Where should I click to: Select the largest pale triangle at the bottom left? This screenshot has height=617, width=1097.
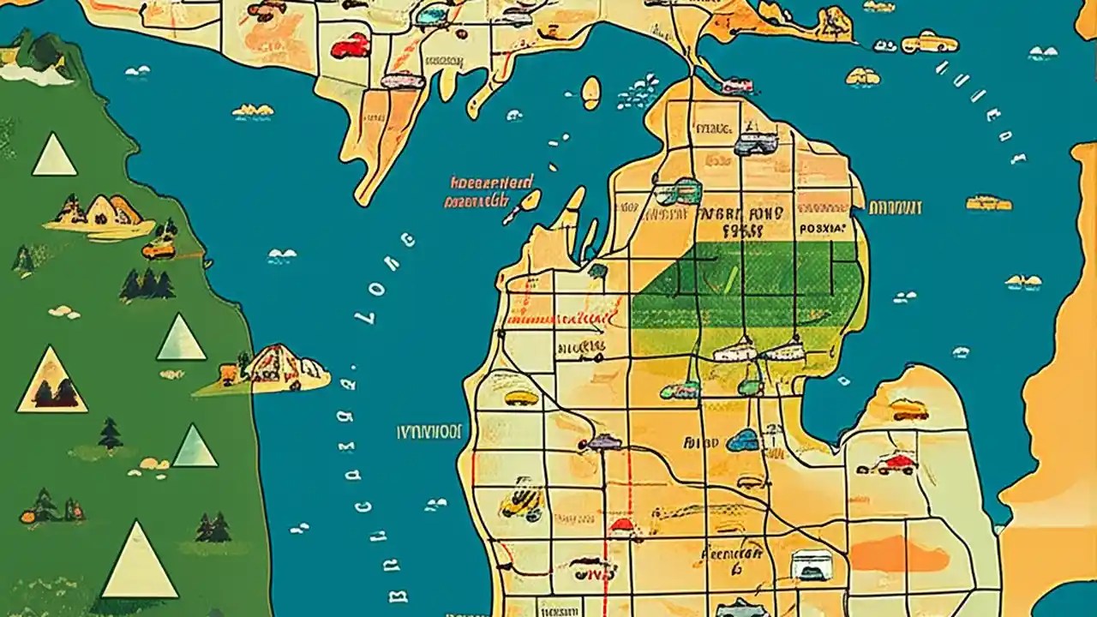click(139, 562)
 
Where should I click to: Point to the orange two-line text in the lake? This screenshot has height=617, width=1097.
click(489, 193)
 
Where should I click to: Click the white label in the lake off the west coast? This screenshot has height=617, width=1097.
click(429, 431)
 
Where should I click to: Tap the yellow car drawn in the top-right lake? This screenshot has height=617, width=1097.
click(929, 41)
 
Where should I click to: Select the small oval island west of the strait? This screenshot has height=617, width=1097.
click(590, 93)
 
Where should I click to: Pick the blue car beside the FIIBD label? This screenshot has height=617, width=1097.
click(743, 440)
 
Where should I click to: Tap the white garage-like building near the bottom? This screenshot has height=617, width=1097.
click(811, 565)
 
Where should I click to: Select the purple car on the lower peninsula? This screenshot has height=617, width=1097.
click(601, 442)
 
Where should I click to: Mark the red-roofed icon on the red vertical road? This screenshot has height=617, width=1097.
click(620, 525)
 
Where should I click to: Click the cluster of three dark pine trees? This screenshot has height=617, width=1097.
click(147, 285)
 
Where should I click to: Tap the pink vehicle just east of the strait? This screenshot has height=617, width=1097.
click(737, 85)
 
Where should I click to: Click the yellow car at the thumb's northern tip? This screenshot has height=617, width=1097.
click(908, 409)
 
